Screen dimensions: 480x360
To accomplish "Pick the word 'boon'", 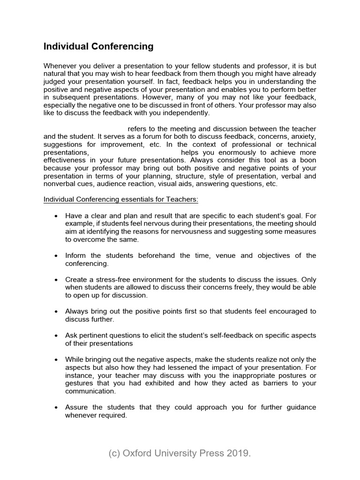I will (307, 161).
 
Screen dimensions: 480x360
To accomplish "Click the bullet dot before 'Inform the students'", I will (56, 255).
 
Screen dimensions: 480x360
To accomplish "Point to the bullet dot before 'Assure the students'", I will (56, 407).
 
